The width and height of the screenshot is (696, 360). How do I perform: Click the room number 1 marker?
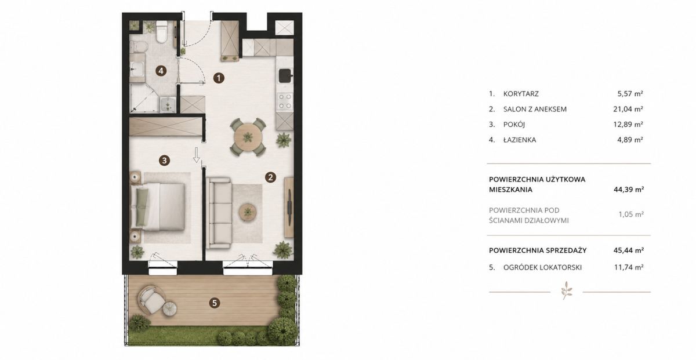[219, 78]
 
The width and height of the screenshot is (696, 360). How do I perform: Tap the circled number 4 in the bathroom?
[161, 71]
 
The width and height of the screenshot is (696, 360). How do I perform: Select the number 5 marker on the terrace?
[215, 303]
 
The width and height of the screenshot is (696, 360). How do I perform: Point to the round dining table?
[248, 137]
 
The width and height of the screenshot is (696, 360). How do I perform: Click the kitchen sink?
[285, 75]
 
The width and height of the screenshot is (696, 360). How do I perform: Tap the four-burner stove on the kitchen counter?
[285, 101]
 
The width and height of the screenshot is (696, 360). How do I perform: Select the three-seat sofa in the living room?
[220, 213]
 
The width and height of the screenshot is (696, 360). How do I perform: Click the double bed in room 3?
[158, 207]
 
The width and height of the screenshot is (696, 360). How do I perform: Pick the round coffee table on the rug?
[248, 212]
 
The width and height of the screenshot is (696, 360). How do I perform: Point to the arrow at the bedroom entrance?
[197, 155]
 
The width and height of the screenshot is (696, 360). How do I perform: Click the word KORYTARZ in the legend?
[521, 94]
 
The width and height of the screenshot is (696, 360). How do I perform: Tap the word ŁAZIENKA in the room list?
[520, 140]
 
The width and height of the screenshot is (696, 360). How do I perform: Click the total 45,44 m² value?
[629, 250]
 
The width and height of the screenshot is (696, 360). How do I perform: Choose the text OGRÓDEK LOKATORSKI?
[542, 267]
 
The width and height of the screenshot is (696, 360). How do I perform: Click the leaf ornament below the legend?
[567, 291]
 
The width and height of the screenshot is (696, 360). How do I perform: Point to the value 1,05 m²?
[631, 214]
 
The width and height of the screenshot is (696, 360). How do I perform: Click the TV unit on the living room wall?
[289, 207]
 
